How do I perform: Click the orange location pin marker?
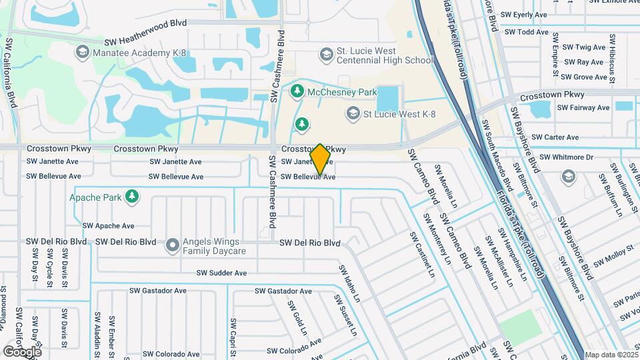(321, 159)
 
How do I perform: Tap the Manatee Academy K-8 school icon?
(82, 51)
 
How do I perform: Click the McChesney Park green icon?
(297, 90)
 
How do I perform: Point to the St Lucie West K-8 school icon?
(352, 114)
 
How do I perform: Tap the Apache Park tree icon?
(133, 196)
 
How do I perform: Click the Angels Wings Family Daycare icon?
(173, 246)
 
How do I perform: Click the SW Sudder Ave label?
(221, 273)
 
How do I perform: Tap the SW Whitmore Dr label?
(566, 157)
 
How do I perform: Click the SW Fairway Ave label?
(585, 107)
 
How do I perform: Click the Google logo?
(22, 351)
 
